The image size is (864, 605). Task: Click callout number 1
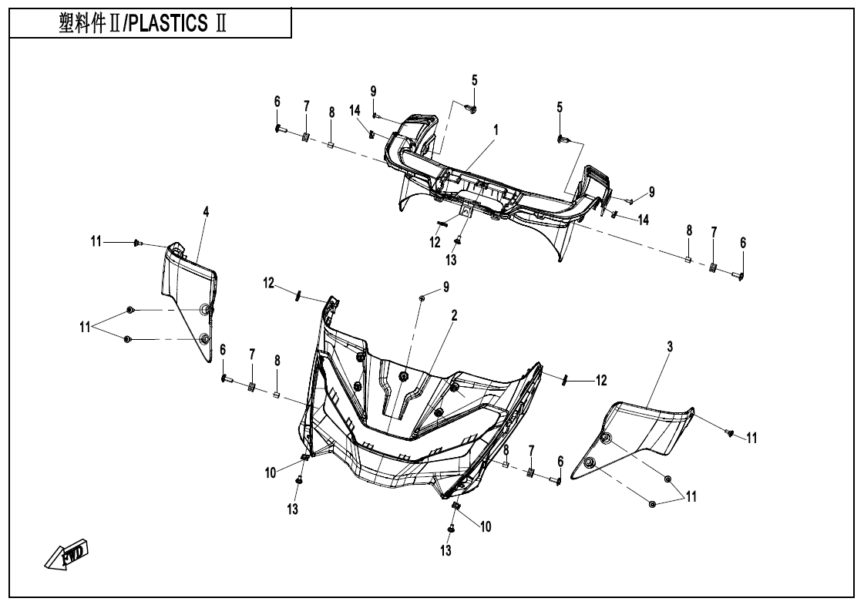pos(496,130)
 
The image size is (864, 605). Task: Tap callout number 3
pos(670,348)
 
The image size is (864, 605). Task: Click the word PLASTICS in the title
pos(166,24)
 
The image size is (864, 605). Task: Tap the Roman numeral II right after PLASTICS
pos(220,24)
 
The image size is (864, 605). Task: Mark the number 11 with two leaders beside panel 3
pos(691,497)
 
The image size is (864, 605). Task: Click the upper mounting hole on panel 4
pos(205,310)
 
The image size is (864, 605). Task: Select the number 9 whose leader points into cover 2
pos(445,287)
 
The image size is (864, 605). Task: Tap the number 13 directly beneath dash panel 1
pos(451,260)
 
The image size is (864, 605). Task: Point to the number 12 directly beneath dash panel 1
pos(435,242)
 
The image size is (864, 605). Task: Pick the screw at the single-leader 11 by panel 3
pos(728,433)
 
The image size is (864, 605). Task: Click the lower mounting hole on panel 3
pos(590,462)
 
